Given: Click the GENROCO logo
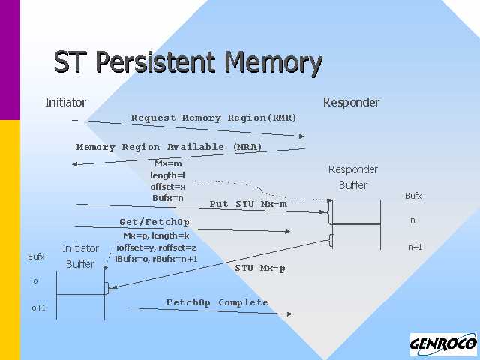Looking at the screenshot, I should (443, 345).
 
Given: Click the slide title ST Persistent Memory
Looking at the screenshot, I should (188, 62).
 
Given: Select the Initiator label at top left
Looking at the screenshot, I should (65, 102).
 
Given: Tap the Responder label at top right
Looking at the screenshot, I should (351, 102).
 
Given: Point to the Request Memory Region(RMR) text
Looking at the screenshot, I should (214, 118).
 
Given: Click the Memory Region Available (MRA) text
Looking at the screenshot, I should (169, 147).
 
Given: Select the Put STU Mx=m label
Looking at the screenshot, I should (248, 204).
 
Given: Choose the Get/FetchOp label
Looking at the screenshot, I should (154, 222).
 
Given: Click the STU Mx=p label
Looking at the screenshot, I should (260, 268).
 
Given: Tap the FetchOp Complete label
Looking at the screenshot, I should (217, 302).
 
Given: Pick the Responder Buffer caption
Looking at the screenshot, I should (353, 177).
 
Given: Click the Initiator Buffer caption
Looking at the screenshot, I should (80, 256).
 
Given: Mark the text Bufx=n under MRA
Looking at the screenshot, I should (168, 198).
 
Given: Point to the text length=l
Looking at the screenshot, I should (168, 175).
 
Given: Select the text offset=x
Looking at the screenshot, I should (168, 187).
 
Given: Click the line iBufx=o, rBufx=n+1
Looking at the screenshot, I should (156, 259).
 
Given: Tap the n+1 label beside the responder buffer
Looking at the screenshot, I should (415, 246).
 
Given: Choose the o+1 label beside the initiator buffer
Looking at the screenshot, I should (39, 307).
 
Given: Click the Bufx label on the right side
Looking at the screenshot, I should (413, 196).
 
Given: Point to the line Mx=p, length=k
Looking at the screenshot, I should (156, 235).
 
